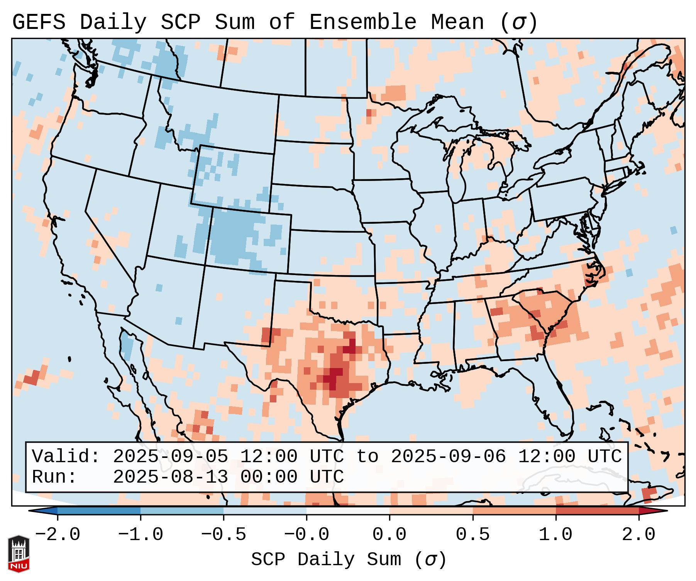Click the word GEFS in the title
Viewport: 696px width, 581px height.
point(39,22)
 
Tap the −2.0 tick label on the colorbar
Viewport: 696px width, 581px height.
point(58,535)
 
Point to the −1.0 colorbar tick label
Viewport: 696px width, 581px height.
point(141,535)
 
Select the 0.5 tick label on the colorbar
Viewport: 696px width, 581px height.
point(472,535)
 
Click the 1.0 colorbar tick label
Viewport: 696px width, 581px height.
point(555,535)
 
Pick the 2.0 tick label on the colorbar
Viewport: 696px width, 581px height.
point(638,535)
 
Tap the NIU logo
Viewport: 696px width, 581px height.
point(19,553)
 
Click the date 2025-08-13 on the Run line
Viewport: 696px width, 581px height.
point(170,477)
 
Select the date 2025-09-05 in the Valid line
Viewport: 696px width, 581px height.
point(170,457)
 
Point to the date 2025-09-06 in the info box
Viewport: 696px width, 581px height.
point(448,457)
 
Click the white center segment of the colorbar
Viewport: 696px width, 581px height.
point(348,511)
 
